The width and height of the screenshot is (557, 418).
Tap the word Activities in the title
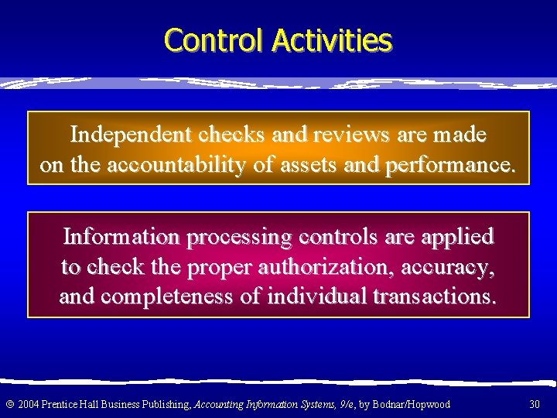click(332, 40)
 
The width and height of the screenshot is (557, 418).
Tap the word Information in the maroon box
click(120, 235)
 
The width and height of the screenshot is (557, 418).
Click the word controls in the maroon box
click(337, 235)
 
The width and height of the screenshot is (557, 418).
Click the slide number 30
click(535, 404)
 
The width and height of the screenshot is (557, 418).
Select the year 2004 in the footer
click(29, 404)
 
